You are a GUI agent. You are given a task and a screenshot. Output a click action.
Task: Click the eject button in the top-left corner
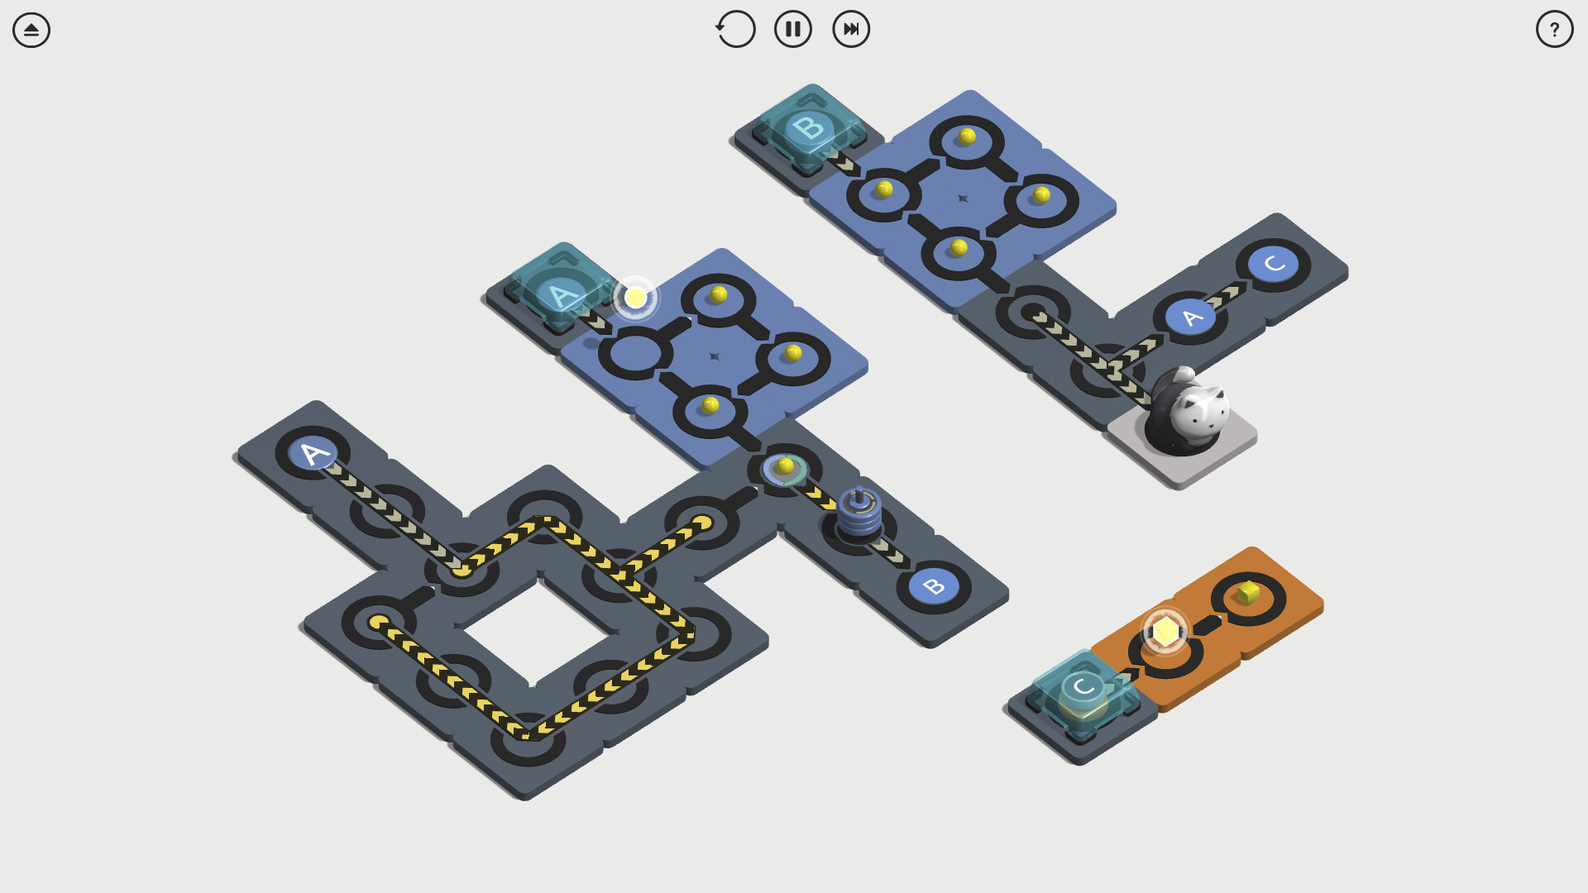[31, 30]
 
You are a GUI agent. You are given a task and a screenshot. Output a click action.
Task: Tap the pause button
[792, 29]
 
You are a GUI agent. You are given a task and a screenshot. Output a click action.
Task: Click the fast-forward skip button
[851, 29]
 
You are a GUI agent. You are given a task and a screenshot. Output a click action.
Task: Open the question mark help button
[1554, 29]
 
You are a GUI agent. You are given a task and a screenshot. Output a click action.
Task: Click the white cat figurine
[1189, 411]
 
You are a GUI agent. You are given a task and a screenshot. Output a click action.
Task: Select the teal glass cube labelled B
[810, 128]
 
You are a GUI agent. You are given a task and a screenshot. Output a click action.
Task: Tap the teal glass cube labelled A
[562, 289]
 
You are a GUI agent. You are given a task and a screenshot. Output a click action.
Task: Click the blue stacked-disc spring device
[859, 513]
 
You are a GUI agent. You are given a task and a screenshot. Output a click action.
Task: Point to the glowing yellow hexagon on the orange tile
[1165, 631]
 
